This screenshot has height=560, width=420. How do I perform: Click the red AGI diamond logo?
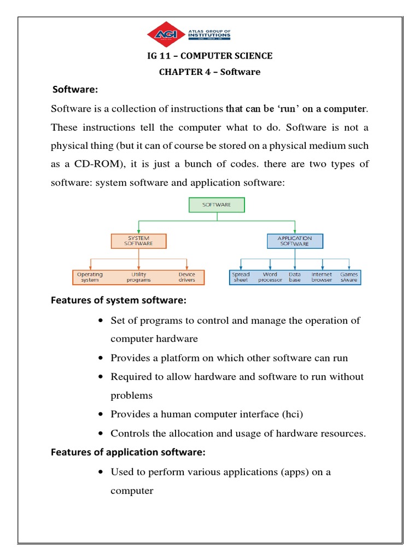coord(167,34)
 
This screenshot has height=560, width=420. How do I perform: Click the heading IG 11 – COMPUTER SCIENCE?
coord(210,56)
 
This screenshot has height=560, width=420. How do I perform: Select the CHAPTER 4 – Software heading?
coord(210,72)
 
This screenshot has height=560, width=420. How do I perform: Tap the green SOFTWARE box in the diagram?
coord(217,205)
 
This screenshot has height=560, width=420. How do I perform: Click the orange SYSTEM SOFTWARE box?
coord(138,241)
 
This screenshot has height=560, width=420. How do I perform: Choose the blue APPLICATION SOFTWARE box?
coord(295,241)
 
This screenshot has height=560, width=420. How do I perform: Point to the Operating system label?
coord(90,277)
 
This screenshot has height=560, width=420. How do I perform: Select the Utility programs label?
coord(138,277)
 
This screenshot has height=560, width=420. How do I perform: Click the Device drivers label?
coord(186,277)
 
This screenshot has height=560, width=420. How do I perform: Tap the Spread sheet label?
coord(241,277)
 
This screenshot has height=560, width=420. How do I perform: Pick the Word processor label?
coord(270,277)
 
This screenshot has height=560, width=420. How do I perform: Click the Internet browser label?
coord(322,277)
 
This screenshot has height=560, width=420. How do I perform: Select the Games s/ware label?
coord(349,277)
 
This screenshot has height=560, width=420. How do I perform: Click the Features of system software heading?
coord(119,300)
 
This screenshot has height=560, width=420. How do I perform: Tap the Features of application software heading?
coord(128,452)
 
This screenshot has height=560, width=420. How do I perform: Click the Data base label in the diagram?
coord(295,277)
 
